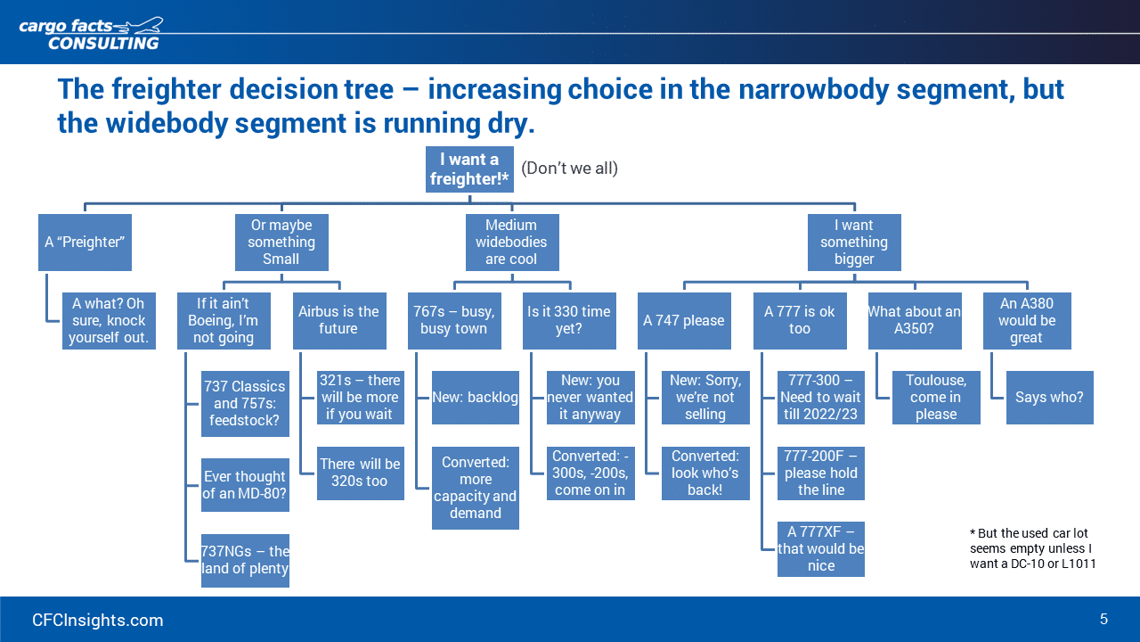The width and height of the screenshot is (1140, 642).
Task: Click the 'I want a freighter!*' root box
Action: [469, 169]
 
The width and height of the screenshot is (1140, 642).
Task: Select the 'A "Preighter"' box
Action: [85, 242]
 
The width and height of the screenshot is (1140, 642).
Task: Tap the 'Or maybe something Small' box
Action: [281, 242]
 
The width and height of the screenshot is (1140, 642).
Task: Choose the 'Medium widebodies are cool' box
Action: [512, 242]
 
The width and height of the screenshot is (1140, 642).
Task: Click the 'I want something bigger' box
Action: [854, 242]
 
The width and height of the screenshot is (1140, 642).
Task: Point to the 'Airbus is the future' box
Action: [339, 320]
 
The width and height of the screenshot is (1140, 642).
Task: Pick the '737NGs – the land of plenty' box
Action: [245, 561]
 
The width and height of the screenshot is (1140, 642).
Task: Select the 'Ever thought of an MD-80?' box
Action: [245, 484]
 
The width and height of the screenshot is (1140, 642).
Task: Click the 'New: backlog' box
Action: [476, 398]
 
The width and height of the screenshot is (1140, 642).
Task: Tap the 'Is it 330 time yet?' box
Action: [569, 320]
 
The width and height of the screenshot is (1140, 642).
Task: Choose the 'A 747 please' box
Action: [684, 320]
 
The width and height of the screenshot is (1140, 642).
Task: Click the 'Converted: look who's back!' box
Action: [705, 473]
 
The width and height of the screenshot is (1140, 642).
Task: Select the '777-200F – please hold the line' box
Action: [821, 473]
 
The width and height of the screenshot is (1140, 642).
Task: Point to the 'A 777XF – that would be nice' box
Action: [821, 548]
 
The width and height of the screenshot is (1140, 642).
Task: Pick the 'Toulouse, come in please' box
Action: [936, 398]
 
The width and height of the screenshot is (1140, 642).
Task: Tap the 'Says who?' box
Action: [1049, 398]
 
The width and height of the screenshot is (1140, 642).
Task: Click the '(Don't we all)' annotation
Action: [569, 169]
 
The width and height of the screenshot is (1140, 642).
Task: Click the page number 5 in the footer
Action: [1103, 619]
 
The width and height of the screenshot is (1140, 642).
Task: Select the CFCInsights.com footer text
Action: [98, 620]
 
